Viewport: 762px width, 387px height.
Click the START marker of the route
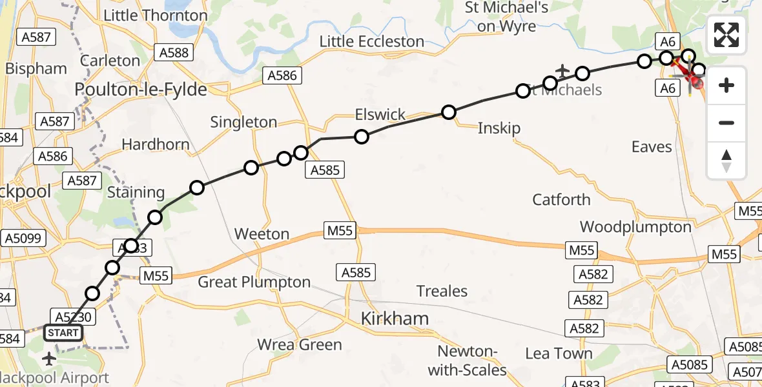63,333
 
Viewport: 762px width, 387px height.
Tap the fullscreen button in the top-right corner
726,35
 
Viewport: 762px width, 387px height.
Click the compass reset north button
726,161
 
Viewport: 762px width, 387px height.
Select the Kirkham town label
395,318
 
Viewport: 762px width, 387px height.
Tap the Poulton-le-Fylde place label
141,90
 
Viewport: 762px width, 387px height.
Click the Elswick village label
380,115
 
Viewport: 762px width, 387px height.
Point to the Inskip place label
499,128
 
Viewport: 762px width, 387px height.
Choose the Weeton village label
262,233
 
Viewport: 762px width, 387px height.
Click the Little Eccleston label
372,42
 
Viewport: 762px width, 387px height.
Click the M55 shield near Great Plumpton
155,277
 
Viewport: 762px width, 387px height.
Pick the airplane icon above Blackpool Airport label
49,358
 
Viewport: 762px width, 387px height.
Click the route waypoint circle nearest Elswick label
362,136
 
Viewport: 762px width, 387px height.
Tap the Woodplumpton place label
635,227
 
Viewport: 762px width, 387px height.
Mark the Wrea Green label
300,344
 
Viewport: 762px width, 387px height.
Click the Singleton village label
243,122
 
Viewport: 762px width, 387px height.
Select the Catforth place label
561,199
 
